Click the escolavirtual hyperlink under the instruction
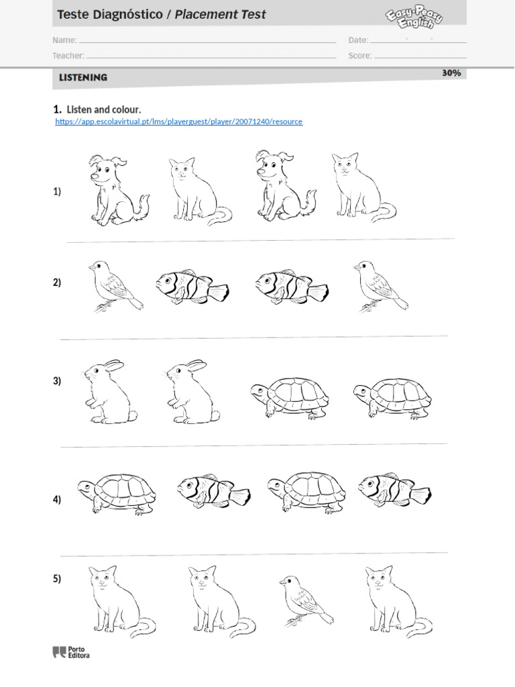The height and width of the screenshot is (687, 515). click(x=178, y=121)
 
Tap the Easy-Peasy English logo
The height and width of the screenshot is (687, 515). click(x=414, y=17)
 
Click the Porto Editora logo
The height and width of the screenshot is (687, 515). click(x=71, y=652)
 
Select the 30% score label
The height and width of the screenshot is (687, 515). click(x=451, y=72)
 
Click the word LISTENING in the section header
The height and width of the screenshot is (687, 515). click(x=83, y=78)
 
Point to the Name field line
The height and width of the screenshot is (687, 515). click(x=207, y=42)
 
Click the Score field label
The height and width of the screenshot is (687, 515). click(x=360, y=56)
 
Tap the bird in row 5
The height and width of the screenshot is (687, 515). click(x=306, y=600)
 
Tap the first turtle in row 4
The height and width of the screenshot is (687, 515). click(x=117, y=493)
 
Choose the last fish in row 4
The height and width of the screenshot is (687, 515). click(x=394, y=490)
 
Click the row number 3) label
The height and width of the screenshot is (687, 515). click(x=57, y=381)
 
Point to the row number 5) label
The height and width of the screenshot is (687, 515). click(x=57, y=579)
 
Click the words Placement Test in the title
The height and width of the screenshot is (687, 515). click(x=220, y=15)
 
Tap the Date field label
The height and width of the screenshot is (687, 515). click(x=358, y=40)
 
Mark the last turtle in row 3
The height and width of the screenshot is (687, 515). click(x=392, y=399)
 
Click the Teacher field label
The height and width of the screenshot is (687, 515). click(x=68, y=56)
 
